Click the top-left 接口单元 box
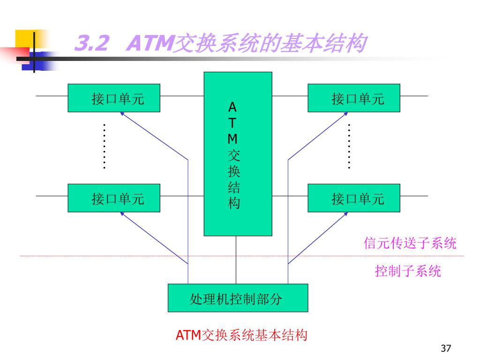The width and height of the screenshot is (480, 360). pyautogui.click(x=114, y=98)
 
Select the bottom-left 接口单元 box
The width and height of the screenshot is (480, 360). pyautogui.click(x=114, y=198)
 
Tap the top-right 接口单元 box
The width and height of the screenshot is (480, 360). pyautogui.click(x=354, y=98)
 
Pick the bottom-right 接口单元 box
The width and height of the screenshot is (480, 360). pyautogui.click(x=354, y=198)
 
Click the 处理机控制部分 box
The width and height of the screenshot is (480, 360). pyautogui.click(x=238, y=298)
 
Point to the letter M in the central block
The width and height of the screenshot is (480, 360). pyautogui.click(x=233, y=139)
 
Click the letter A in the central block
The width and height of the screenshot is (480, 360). pyautogui.click(x=233, y=107)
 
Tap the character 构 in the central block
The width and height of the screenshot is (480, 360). pyautogui.click(x=233, y=204)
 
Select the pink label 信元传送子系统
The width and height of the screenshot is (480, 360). pyautogui.click(x=410, y=243)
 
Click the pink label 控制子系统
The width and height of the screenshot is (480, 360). pyautogui.click(x=408, y=271)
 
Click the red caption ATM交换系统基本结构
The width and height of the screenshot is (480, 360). pyautogui.click(x=241, y=335)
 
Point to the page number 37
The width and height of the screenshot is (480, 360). pyautogui.click(x=446, y=348)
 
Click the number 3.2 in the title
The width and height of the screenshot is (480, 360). pyautogui.click(x=91, y=45)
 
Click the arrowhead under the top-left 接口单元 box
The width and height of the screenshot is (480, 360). pyautogui.click(x=122, y=114)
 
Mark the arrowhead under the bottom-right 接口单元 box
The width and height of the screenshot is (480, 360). pyautogui.click(x=346, y=214)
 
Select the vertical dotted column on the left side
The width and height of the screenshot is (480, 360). pyautogui.click(x=104, y=146)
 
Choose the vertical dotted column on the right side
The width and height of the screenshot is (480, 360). pyautogui.click(x=349, y=146)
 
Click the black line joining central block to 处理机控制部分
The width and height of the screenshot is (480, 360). pyautogui.click(x=236, y=260)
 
